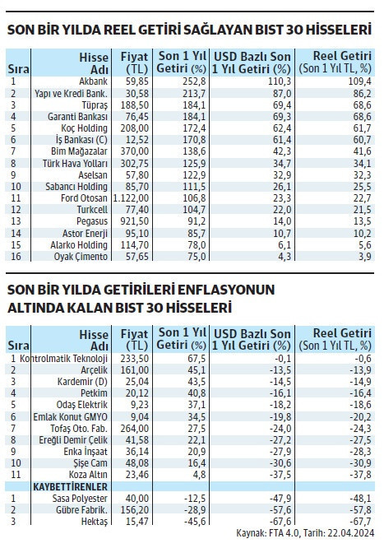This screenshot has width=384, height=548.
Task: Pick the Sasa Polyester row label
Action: click(82, 499)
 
